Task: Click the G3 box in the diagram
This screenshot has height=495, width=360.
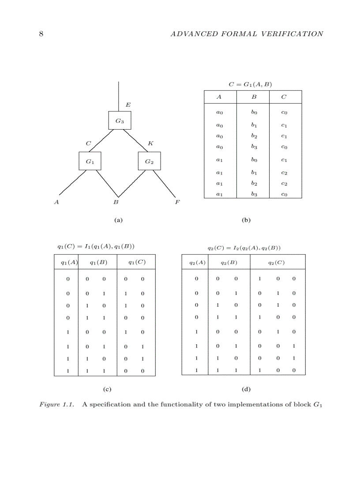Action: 120,120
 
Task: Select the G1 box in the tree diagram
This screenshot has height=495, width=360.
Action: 90,161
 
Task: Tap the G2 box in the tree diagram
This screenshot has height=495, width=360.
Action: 149,161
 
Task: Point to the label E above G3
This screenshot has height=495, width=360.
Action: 128,105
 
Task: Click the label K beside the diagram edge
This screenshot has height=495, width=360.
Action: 150,143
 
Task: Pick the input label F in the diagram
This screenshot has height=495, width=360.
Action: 178,202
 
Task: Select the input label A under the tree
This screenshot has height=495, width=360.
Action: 56,202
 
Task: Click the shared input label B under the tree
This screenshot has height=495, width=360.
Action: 116,202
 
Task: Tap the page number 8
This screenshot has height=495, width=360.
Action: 41,34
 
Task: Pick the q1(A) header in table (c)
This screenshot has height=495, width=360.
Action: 69,262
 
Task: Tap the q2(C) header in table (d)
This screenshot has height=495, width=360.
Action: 277,263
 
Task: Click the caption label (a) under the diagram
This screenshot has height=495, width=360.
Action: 118,220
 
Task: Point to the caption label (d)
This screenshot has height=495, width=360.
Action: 246,389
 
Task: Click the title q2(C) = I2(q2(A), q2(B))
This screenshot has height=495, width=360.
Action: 244,248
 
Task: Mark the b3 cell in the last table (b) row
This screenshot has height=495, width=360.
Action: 254,194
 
